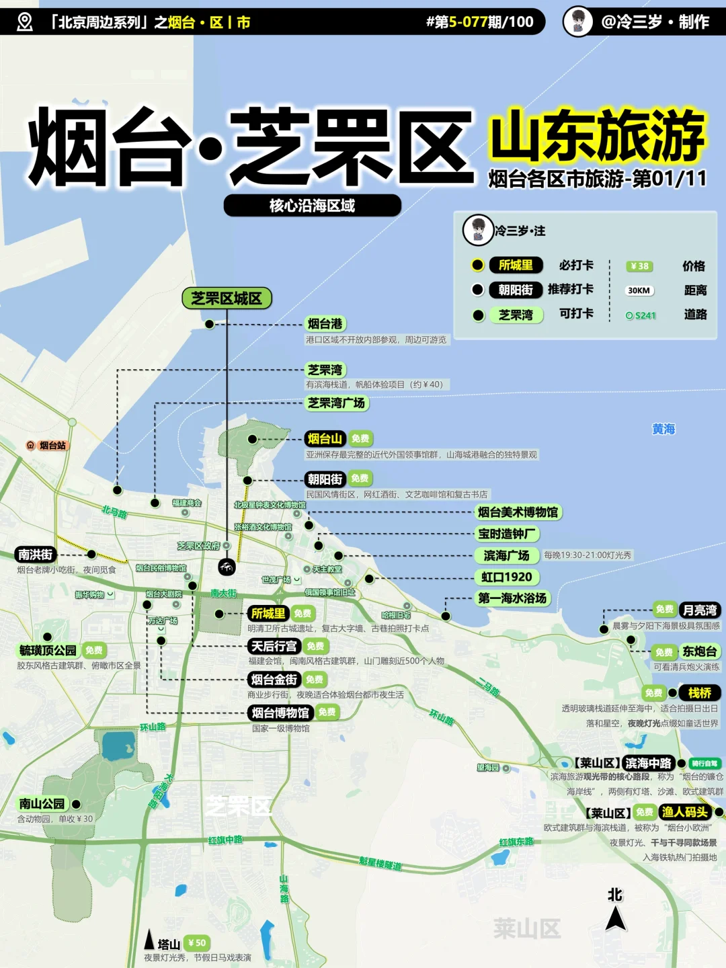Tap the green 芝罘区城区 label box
click(227, 298)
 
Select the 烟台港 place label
click(325, 324)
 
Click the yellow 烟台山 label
click(325, 439)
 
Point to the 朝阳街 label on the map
click(325, 479)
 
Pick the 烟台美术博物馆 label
click(518, 512)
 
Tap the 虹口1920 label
click(507, 577)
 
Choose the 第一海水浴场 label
click(512, 598)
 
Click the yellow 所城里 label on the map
click(268, 613)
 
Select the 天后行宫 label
click(274, 646)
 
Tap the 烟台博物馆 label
click(280, 713)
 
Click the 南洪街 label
click(36, 555)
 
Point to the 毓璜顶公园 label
click(48, 650)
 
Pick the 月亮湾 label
click(700, 610)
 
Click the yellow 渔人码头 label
click(685, 812)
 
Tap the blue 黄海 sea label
click(663, 429)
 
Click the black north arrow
click(615, 917)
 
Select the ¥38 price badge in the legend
click(639, 266)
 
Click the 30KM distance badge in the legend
click(639, 290)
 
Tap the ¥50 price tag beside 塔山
click(196, 942)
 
